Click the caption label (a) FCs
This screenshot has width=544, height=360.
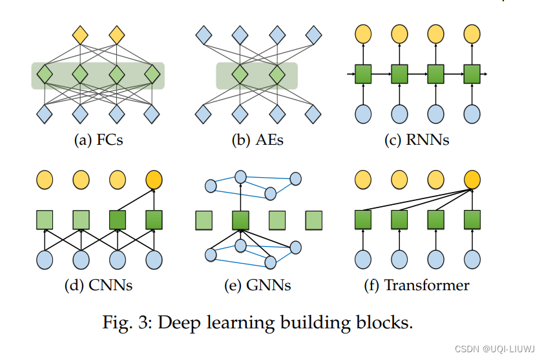point(98,139)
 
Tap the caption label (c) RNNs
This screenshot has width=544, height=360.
point(417,139)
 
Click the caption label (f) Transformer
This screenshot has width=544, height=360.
point(417,284)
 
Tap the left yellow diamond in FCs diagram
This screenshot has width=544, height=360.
point(80,34)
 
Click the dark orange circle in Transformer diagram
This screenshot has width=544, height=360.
point(472,179)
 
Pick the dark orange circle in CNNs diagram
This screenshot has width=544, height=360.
point(154,179)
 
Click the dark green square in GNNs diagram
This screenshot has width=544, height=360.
point(240,220)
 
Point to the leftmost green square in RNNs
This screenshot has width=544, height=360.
point(364,74)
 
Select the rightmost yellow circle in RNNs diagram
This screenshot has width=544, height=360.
point(472,34)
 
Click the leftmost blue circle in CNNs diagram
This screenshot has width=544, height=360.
point(45,260)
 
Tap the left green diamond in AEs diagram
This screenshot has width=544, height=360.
point(240,74)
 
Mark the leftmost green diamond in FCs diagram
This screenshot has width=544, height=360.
point(45,74)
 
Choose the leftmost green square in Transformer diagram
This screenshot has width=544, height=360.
point(364,220)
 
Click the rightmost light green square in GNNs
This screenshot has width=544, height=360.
point(314,220)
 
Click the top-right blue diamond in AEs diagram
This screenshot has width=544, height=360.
point(314,34)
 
